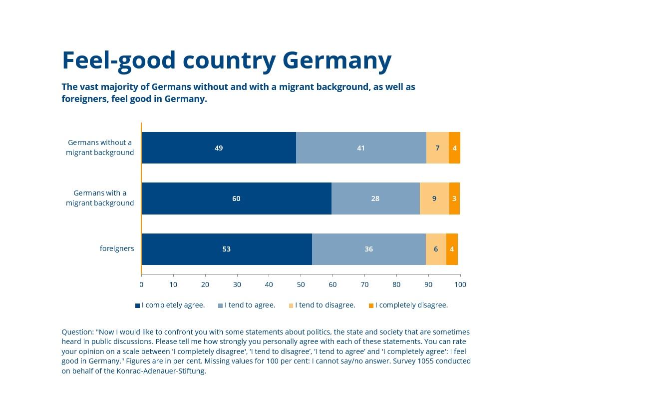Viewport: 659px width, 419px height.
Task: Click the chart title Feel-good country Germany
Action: pos(226,60)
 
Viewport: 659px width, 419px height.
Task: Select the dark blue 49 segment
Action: pos(219,148)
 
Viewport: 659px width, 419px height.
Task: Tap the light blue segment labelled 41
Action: pos(361,148)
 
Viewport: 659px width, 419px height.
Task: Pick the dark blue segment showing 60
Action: pos(236,198)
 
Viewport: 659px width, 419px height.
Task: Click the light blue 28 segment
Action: pos(375,198)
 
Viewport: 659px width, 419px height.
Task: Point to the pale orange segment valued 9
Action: pos(434,198)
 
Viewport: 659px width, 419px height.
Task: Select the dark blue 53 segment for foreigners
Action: pos(227,249)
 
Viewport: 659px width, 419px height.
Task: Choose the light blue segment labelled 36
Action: pos(368,249)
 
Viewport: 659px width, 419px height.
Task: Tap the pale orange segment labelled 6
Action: pos(436,249)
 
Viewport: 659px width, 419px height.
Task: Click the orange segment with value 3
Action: pos(454,198)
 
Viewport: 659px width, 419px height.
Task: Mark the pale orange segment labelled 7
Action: pos(437,148)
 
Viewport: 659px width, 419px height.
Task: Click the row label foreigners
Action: pos(117,248)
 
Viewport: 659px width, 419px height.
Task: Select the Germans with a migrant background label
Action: pos(100,198)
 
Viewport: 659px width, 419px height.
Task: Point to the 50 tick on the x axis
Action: pos(301,284)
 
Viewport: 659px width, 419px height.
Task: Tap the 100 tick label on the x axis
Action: pos(460,284)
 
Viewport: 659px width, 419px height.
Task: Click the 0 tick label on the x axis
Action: pos(141,284)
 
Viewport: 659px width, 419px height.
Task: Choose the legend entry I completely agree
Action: pos(173,305)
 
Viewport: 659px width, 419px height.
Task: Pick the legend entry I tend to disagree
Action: pos(325,305)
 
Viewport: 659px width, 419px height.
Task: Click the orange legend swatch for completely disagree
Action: pos(371,305)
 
